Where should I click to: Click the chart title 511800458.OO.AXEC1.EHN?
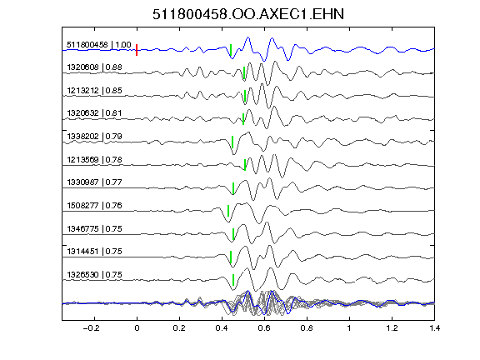coord(248,14)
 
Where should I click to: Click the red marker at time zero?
coord(137,50)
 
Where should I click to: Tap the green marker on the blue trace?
coord(231,50)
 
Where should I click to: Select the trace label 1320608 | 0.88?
coord(94,67)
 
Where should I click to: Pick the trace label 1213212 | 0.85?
coord(94,90)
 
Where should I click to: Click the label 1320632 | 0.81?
coord(94,113)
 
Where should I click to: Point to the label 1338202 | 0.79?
coord(94,136)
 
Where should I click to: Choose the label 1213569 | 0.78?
coord(94,159)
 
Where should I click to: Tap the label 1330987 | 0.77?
coord(94,182)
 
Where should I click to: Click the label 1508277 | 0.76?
coord(94,205)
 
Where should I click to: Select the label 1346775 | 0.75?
coord(94,228)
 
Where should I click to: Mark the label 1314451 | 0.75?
coord(94,252)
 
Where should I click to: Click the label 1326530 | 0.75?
coord(94,275)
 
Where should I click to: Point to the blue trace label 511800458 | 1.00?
coord(99,45)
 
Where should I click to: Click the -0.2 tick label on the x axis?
coord(91,328)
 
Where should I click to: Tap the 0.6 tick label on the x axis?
coord(264,328)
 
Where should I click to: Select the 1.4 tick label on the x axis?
coord(434,328)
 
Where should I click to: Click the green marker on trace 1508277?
coord(228,211)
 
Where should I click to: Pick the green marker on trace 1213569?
coord(245,165)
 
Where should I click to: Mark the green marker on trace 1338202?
coord(232,142)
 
